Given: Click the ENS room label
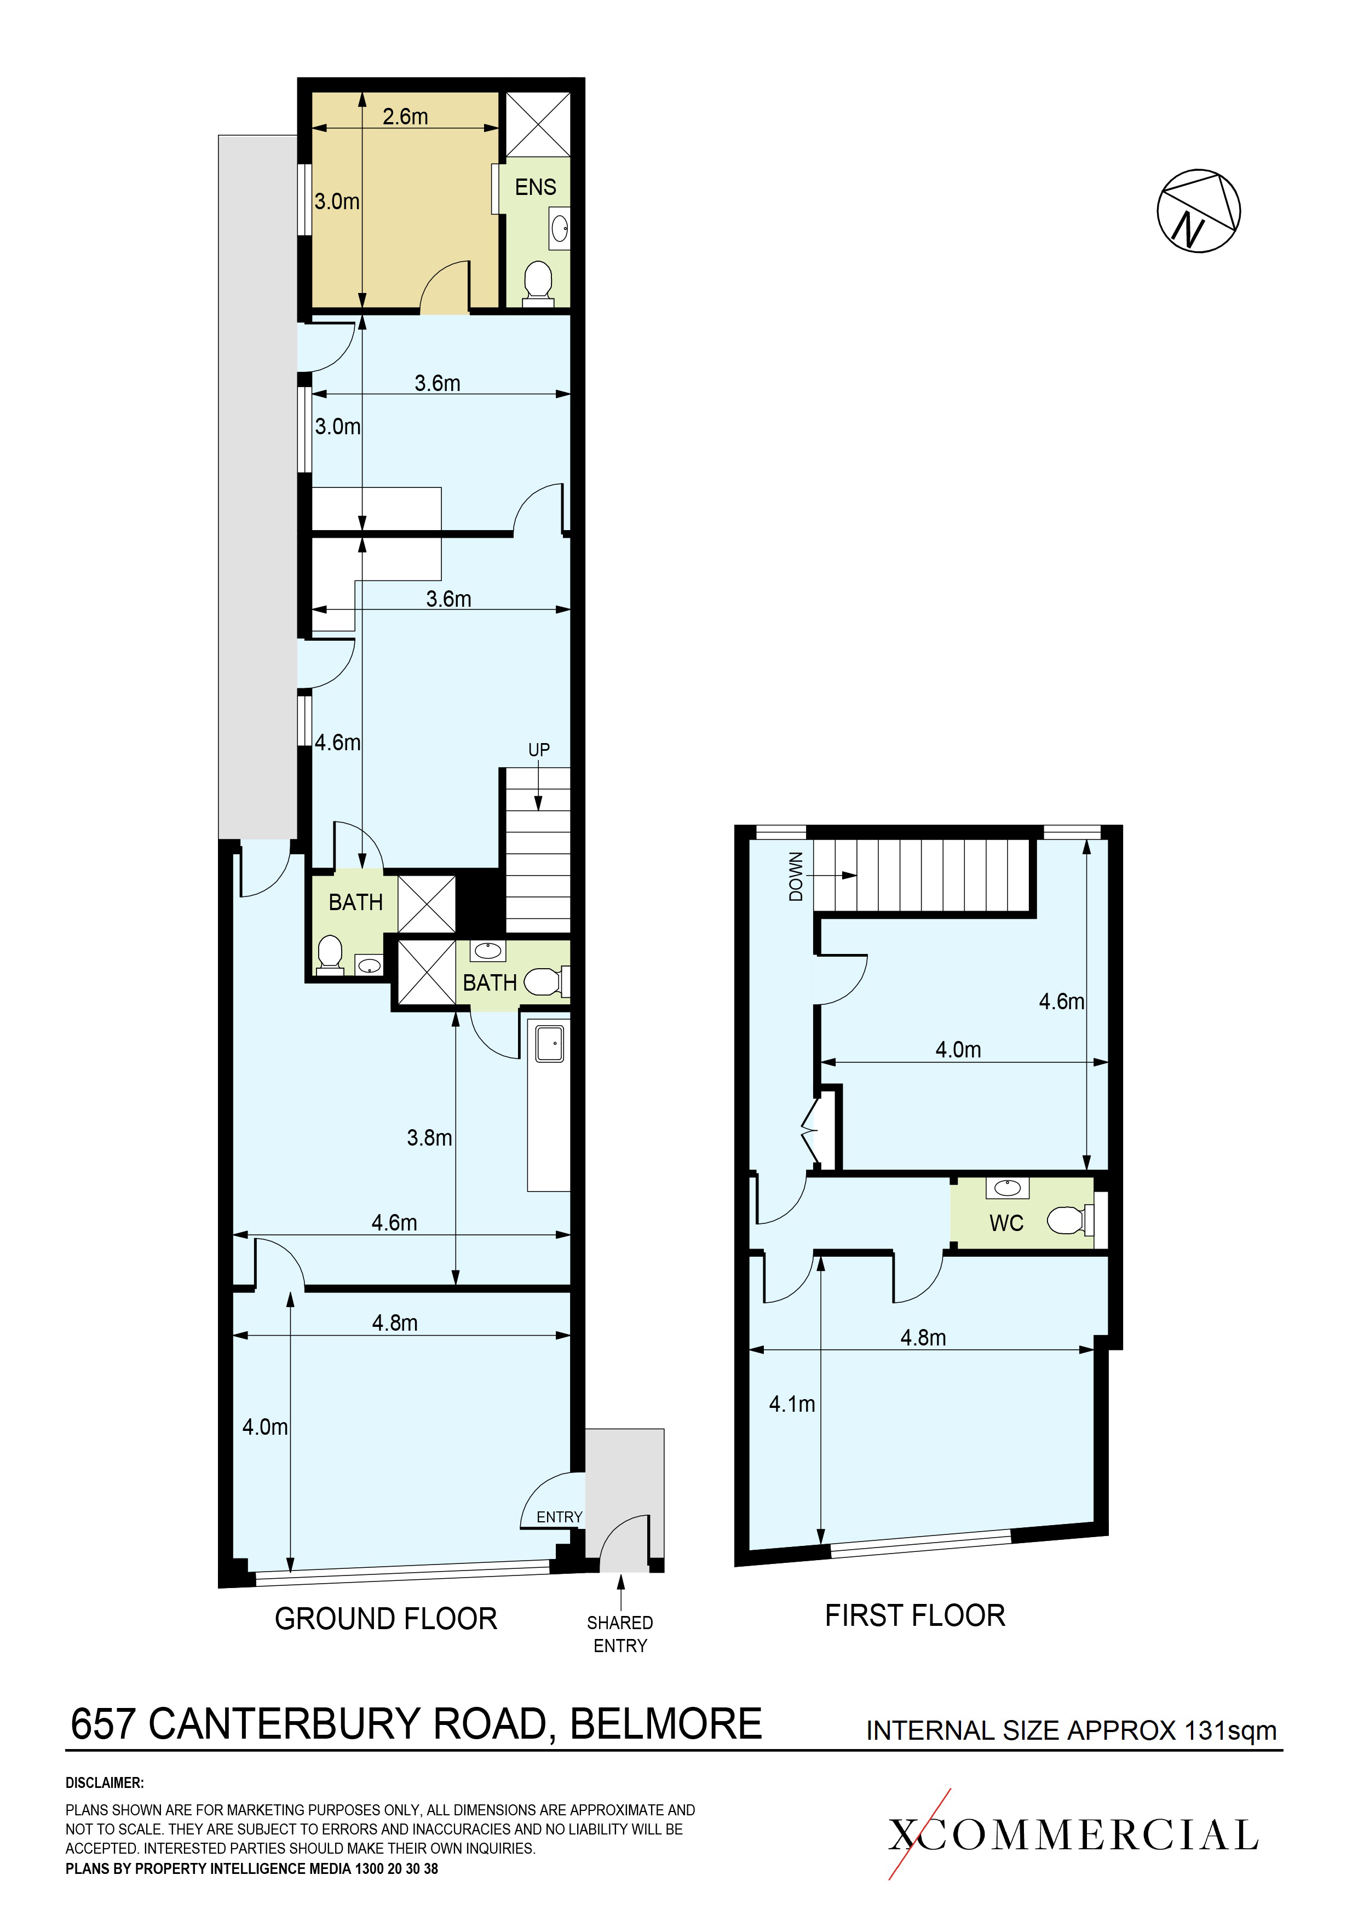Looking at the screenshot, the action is coord(536,187).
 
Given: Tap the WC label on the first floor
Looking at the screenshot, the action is coord(1006,1223).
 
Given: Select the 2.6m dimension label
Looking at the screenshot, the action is coord(406,116).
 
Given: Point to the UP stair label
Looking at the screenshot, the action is coord(539,750).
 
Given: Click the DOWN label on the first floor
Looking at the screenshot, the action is coord(796,877).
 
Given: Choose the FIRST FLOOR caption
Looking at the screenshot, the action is coord(916,1615).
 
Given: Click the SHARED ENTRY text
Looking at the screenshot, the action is coord(620,1634).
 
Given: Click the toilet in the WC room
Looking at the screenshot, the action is coord(1069,1221).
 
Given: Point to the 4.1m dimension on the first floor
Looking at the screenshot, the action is coord(792,1404).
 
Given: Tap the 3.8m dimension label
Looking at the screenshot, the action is coord(429,1138).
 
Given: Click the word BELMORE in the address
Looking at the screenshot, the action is coord(666,1724).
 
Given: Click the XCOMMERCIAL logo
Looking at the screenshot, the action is coord(1073,1836).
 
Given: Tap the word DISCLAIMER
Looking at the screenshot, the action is coord(105,1783).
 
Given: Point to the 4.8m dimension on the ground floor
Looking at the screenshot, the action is coord(394,1323).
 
